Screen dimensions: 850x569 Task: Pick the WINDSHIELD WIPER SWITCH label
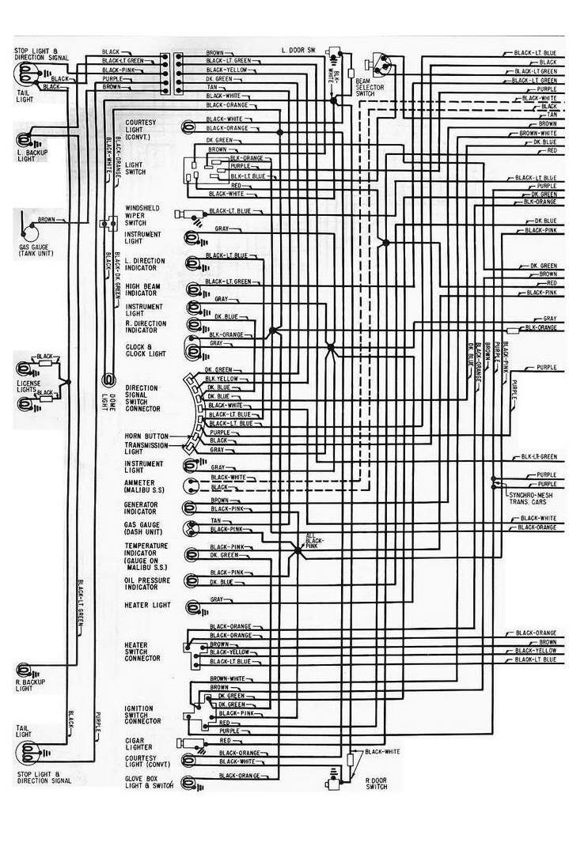[143, 215]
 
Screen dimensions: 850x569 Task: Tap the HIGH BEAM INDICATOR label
[143, 289]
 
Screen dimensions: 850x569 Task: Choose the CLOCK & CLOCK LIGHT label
[146, 350]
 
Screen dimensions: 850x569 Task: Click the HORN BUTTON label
[146, 436]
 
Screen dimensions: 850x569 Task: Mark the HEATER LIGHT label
[147, 605]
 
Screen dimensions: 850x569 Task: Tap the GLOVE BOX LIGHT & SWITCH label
[150, 782]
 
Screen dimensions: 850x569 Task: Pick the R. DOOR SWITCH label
[376, 784]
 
